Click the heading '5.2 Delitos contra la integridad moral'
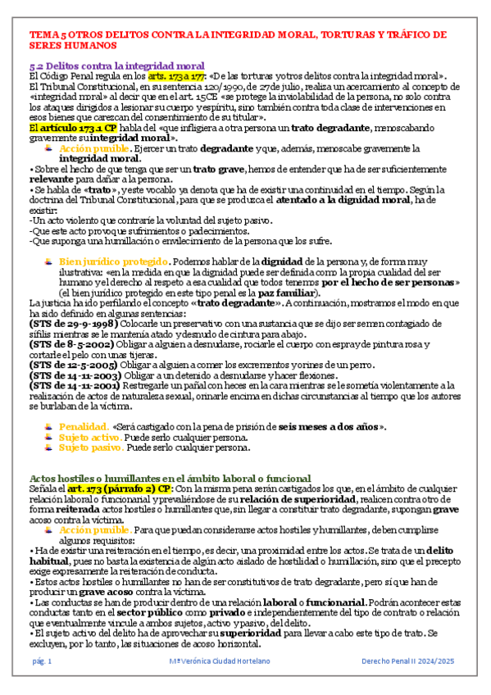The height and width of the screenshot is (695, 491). [x=117, y=65]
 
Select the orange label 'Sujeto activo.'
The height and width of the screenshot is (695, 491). [x=90, y=438]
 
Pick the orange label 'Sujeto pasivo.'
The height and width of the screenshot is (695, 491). [x=91, y=448]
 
